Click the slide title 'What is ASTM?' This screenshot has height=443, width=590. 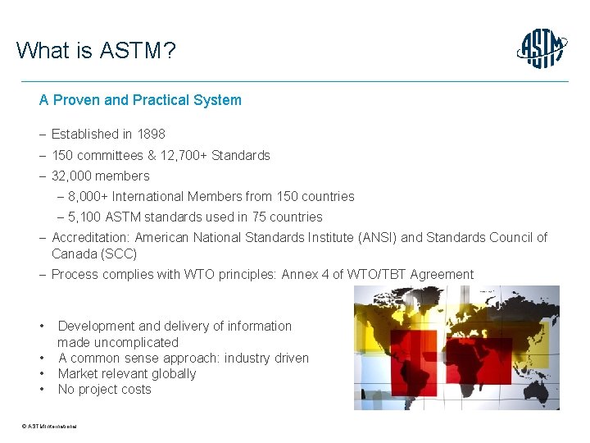pos(95,51)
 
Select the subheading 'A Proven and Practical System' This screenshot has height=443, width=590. pos(140,100)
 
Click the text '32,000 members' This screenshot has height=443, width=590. pos(100,176)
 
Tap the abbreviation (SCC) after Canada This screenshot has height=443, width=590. pos(119,253)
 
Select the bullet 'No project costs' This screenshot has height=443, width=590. pos(104,389)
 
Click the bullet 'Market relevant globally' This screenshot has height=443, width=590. pos(127,373)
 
